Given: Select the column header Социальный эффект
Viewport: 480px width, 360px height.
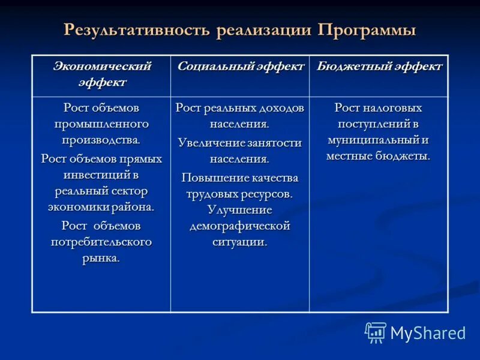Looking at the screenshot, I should pos(240,66).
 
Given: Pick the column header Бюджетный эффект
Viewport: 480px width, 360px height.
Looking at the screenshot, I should pos(379,66).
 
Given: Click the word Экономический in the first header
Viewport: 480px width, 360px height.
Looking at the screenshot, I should pos(101,66).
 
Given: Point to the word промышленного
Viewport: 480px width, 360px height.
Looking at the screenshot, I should pos(101,124).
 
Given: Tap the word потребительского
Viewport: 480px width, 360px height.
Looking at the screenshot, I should pos(101,242).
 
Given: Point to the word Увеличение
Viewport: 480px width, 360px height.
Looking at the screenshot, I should pos(211,143).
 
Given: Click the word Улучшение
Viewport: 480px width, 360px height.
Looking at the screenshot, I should pos(240,210).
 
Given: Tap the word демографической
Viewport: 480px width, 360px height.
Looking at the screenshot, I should pos(240,226).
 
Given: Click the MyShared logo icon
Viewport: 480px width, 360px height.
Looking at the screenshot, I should pos(376,332).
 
